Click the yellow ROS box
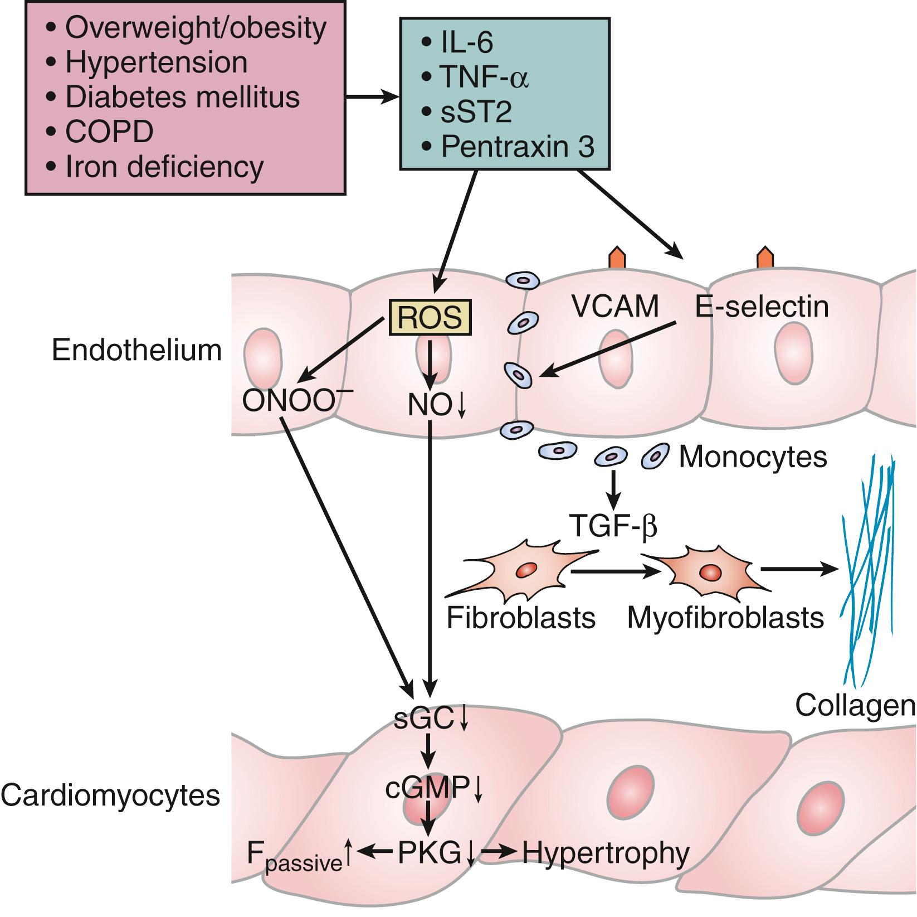tap(430, 318)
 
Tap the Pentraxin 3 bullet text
tap(517, 147)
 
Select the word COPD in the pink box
tap(110, 132)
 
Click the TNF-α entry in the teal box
tap(484, 77)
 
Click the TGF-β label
tap(613, 526)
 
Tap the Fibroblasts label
tap(521, 618)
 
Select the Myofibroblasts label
tap(725, 618)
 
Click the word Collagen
tap(855, 706)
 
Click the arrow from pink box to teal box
tap(372, 98)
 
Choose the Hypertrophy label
tap(606, 852)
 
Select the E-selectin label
tap(762, 307)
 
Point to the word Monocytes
tap(753, 457)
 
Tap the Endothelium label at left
tap(137, 351)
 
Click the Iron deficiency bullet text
tap(164, 166)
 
